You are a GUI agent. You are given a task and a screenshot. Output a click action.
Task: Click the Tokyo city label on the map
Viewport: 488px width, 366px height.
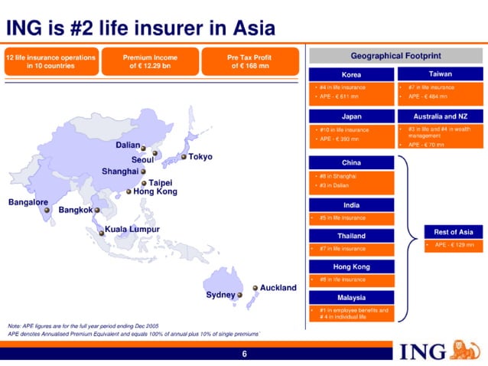[x=200, y=157]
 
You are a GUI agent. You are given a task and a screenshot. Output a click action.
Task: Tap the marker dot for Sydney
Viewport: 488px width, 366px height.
[x=239, y=295]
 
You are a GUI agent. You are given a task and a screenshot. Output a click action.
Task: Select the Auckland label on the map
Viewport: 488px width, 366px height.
[x=278, y=288]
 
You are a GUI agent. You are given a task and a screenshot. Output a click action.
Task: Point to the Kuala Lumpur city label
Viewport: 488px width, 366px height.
[x=132, y=229]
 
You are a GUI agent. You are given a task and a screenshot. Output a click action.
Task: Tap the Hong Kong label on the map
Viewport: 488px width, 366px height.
[x=155, y=191]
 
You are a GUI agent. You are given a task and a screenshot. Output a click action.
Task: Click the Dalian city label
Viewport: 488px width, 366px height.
[x=132, y=145]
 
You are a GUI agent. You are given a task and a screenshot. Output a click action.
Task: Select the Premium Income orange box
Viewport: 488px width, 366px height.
[x=150, y=61]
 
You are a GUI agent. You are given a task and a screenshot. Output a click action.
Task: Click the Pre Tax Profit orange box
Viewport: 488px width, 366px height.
[x=249, y=61]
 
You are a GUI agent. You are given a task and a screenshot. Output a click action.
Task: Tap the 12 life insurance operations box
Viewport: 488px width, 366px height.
[x=50, y=61]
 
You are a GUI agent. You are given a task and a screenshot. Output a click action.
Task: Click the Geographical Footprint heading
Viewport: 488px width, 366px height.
[x=395, y=56]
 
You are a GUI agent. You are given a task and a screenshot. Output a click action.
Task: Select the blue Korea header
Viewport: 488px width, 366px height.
[x=351, y=75]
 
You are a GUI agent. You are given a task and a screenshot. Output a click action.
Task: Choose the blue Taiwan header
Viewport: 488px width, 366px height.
[x=440, y=75]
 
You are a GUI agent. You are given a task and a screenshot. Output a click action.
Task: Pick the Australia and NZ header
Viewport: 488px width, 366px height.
[x=440, y=116]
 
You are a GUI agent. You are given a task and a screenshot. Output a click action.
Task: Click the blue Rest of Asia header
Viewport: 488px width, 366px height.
[x=454, y=232]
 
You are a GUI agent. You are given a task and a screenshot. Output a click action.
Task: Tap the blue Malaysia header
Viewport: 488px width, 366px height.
[x=351, y=297]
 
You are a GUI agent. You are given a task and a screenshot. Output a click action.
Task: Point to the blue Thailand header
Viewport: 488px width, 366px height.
[x=351, y=236]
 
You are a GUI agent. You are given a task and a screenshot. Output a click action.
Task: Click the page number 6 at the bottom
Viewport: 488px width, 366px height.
[x=244, y=354]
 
